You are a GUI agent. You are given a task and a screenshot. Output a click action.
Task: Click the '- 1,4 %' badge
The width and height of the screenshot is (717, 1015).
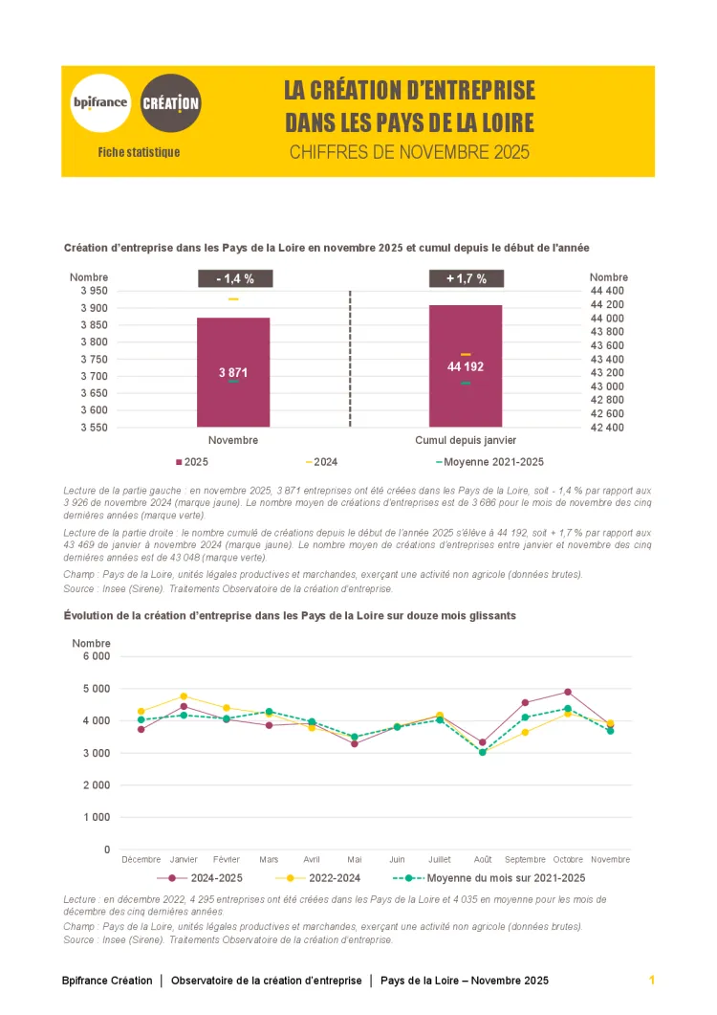pos(235,278)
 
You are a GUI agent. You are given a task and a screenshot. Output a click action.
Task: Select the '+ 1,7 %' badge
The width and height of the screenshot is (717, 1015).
pos(466,278)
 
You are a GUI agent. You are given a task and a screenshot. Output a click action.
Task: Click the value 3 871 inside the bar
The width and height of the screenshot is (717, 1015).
pos(233,372)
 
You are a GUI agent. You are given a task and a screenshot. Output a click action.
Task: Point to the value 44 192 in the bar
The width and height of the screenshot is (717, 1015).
pos(466,366)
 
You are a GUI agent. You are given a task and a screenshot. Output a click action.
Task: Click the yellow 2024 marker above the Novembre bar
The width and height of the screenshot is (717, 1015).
pos(233,299)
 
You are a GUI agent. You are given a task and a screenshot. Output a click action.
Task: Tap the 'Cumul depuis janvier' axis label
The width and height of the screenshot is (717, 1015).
pos(466,441)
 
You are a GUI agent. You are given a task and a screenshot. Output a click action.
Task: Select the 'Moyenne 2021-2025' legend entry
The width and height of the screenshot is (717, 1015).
pos(489,462)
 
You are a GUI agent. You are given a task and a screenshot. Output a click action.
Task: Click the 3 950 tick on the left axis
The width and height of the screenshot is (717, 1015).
pos(93,291)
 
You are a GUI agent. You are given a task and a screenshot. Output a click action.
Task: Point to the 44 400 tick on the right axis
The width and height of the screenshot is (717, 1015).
pos(607,291)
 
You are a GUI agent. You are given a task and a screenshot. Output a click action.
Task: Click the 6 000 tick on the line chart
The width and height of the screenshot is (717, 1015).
pos(96,656)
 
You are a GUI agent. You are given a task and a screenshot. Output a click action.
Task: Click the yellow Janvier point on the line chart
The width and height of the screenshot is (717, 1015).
pos(184,696)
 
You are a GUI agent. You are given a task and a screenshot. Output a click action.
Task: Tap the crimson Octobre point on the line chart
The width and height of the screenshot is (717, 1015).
pos(568,692)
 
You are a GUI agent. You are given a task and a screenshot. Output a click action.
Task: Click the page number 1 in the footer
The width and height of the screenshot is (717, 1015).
pos(651,981)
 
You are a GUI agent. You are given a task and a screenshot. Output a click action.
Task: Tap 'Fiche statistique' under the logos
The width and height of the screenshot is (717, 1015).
pos(139,152)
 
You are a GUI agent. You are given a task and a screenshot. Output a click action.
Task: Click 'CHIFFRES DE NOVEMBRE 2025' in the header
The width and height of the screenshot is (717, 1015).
pos(409,152)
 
